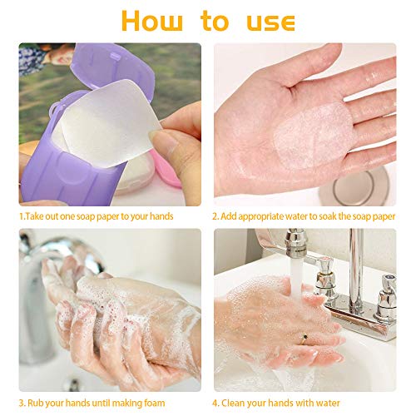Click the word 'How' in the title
coord(152,21)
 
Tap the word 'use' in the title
coord(270,22)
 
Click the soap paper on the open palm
coord(313,136)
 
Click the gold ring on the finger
coord(304,338)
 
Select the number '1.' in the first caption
coord(22,216)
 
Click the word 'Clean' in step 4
coord(233,403)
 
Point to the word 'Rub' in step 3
coord(35,403)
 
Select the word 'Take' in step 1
coord(34,216)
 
